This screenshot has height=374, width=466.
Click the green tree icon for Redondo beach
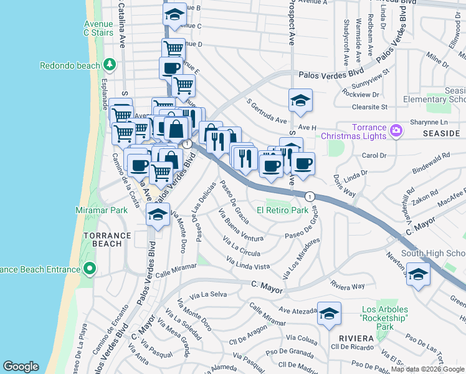point(110,65)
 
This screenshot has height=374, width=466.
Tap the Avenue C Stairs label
point(98,28)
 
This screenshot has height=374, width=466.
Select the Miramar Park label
point(101,211)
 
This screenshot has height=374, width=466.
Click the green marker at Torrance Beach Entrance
point(90,269)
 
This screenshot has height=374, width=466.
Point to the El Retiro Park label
point(283,211)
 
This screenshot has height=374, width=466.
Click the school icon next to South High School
point(419,273)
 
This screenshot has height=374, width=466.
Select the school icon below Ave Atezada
point(329,314)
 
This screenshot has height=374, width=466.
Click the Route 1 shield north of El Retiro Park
point(309,196)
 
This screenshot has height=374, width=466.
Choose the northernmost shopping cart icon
point(173,48)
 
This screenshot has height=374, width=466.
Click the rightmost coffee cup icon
point(303,163)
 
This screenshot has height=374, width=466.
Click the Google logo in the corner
point(21,367)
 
